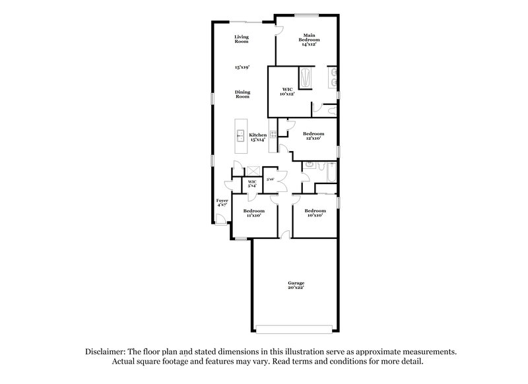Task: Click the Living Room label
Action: tap(242, 40)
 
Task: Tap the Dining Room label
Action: tap(242, 94)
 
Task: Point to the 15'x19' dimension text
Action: tap(242, 67)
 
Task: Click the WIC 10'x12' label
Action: tap(287, 91)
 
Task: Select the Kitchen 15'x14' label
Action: tap(257, 137)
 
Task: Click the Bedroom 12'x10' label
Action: tap(313, 136)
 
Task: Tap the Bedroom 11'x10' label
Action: tap(254, 213)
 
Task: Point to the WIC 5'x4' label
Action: tap(252, 184)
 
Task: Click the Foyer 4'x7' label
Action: tap(222, 203)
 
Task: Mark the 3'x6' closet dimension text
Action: tap(270, 179)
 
